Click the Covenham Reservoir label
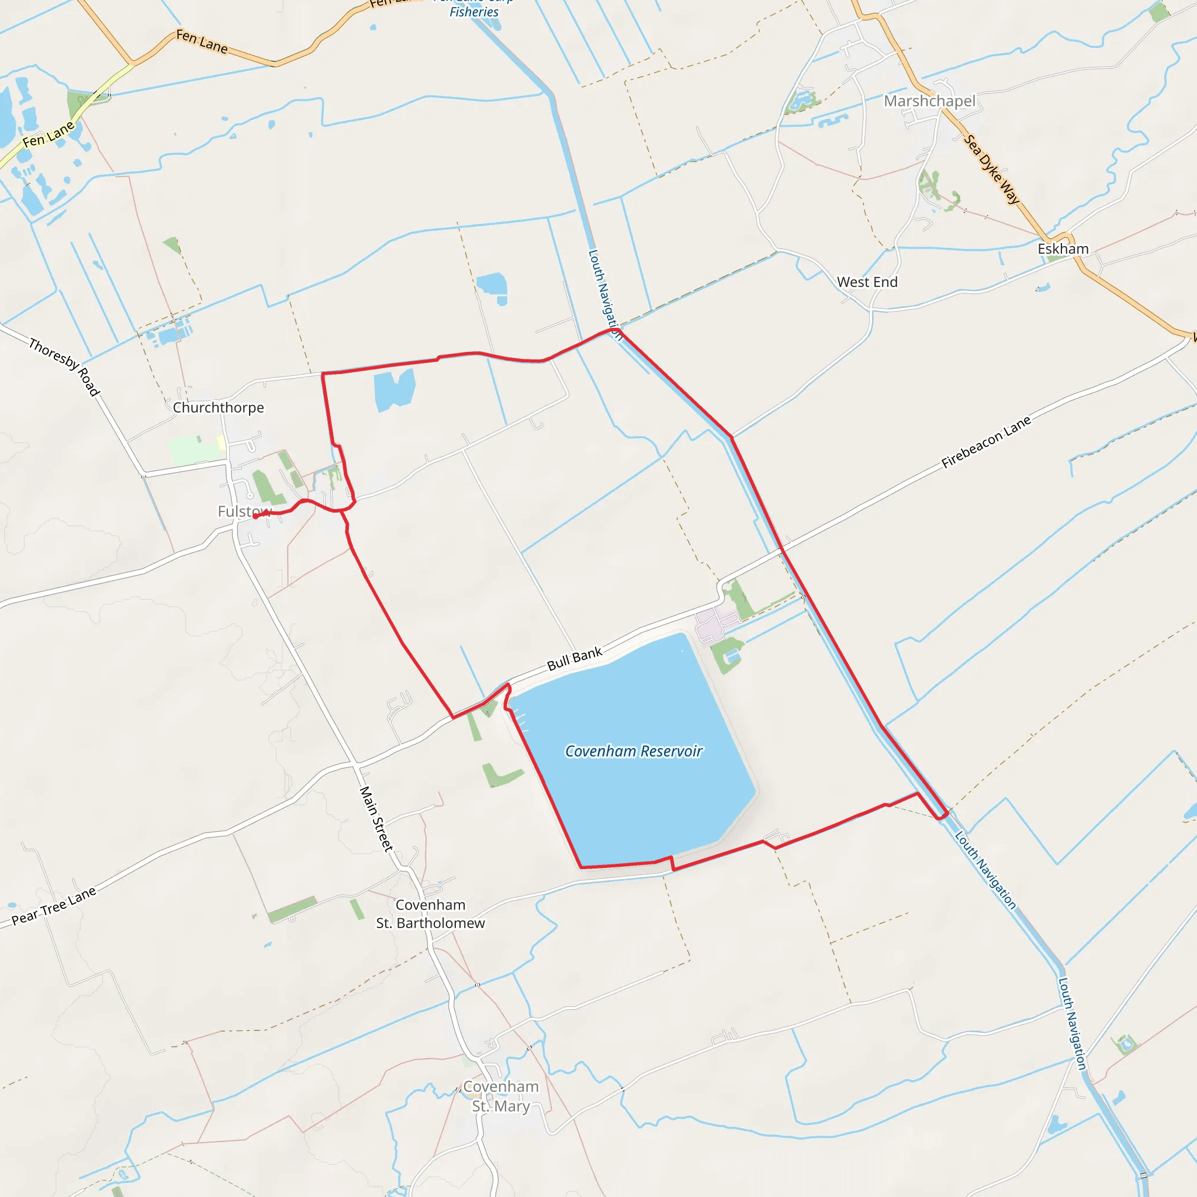click(x=634, y=751)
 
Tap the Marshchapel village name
click(x=929, y=101)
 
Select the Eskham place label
click(x=1063, y=248)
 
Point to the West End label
click(x=867, y=282)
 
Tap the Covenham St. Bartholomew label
click(x=431, y=914)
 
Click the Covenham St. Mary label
click(x=501, y=1096)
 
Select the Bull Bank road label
click(x=575, y=659)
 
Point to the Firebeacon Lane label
click(x=987, y=442)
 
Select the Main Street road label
click(x=376, y=818)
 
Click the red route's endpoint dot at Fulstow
click(x=255, y=516)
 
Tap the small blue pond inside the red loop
click(x=393, y=390)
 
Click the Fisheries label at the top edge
click(x=474, y=12)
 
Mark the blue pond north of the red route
click(x=493, y=287)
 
